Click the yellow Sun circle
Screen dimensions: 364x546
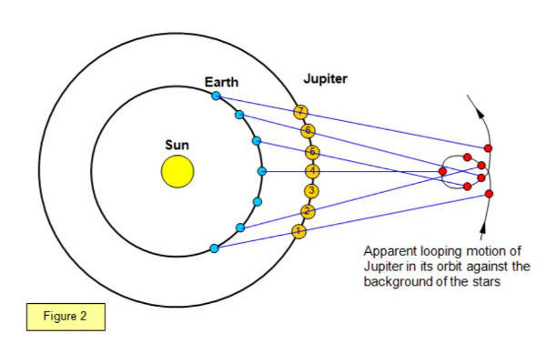[177, 171]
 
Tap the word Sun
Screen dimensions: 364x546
[177, 144]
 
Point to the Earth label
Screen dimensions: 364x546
[221, 83]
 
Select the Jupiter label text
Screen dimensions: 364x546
[325, 79]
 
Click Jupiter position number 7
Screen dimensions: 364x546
[301, 111]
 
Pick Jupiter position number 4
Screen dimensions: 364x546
[313, 171]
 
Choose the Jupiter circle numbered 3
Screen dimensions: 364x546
[312, 191]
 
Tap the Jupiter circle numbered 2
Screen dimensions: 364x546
[308, 212]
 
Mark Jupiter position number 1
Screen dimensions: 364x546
[298, 231]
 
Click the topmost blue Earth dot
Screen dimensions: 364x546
[216, 95]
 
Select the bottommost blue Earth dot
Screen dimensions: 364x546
[214, 248]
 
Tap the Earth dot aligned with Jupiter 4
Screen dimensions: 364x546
[262, 171]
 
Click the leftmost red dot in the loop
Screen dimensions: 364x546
[443, 170]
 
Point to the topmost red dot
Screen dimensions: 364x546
[489, 147]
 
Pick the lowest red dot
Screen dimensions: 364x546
[489, 194]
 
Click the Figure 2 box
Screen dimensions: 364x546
[66, 318]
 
